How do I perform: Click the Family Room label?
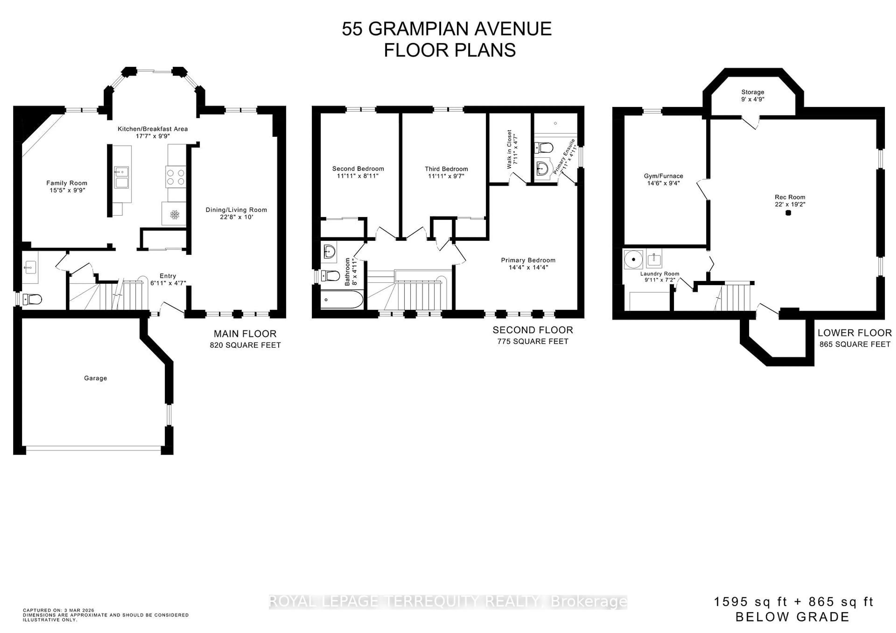pyautogui.click(x=67, y=183)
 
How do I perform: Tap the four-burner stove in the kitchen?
pyautogui.click(x=176, y=177)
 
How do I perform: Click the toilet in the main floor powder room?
pyautogui.click(x=33, y=299)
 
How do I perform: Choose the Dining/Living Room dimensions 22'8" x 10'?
pyautogui.click(x=237, y=217)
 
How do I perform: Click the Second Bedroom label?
pyautogui.click(x=358, y=168)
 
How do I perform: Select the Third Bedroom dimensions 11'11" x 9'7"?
pyautogui.click(x=446, y=176)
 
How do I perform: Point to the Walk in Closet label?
pyautogui.click(x=509, y=149)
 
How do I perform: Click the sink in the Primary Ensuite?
pyautogui.click(x=543, y=168)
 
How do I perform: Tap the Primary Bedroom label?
pyautogui.click(x=528, y=260)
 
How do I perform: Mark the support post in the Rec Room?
pyautogui.click(x=788, y=213)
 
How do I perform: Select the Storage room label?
pyautogui.click(x=752, y=92)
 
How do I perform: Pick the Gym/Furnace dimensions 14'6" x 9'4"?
pyautogui.click(x=663, y=183)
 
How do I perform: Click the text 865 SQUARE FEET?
pyautogui.click(x=855, y=344)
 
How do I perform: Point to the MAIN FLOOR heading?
pyautogui.click(x=245, y=334)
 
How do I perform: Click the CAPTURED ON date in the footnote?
pyautogui.click(x=59, y=610)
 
